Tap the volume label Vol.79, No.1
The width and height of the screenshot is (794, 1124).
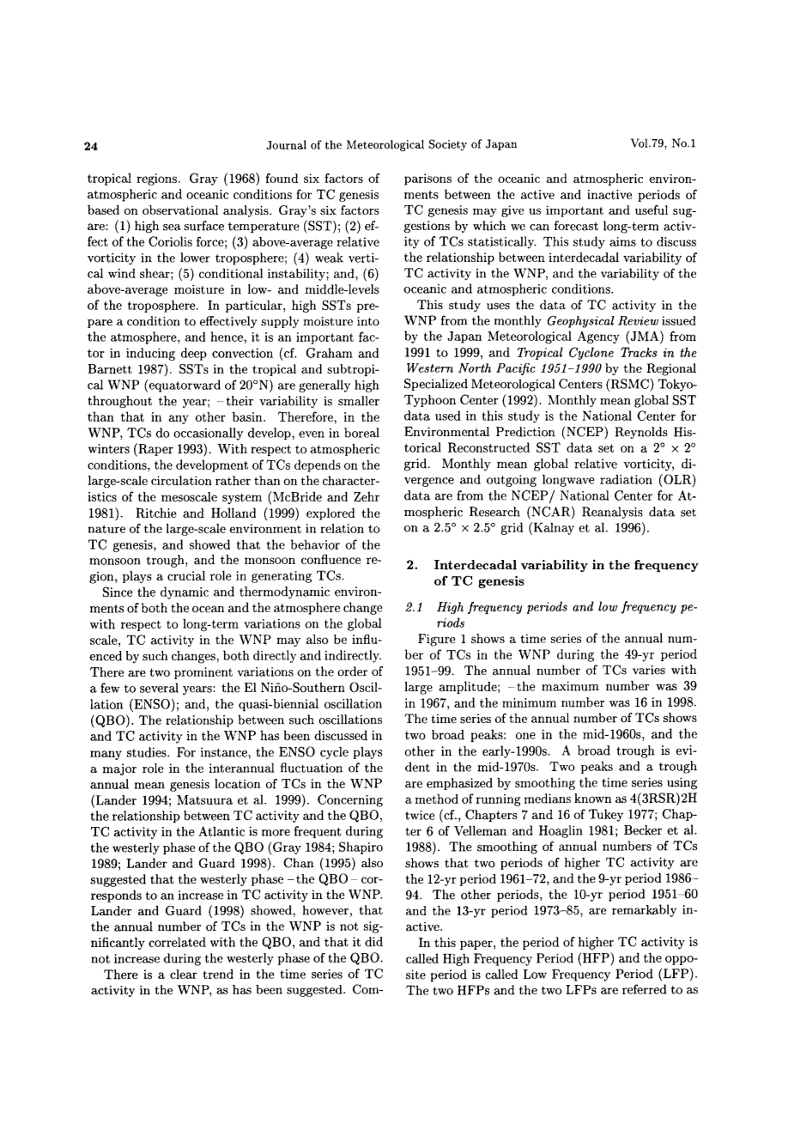tap(664, 144)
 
